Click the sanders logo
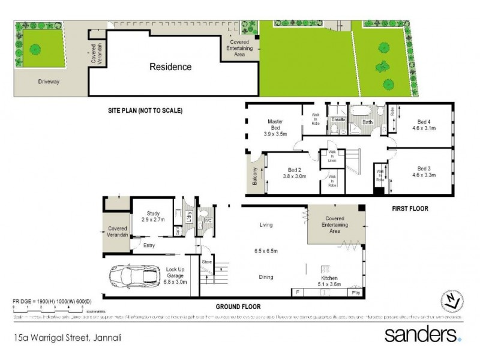(422, 334)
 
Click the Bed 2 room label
(293, 170)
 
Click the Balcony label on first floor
(255, 178)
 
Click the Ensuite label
(338, 119)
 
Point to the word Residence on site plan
(170, 67)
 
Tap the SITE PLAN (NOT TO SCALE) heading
(145, 111)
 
